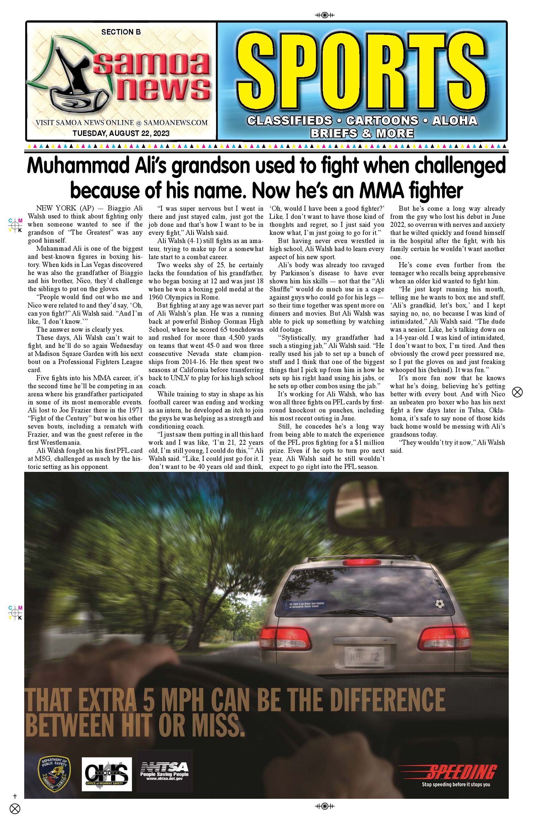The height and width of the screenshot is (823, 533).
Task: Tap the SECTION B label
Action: pyautogui.click(x=121, y=32)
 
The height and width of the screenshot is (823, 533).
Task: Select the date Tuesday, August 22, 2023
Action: pyautogui.click(x=121, y=134)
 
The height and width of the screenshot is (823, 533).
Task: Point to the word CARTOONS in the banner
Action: pyautogui.click(x=382, y=121)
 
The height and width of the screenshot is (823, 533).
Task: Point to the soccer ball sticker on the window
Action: pyautogui.click(x=440, y=604)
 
